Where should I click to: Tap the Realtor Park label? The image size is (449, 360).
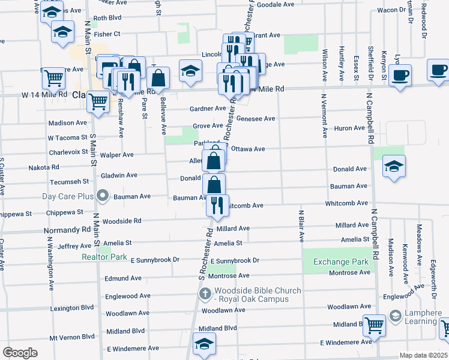104,257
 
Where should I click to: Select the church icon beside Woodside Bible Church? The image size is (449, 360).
204,295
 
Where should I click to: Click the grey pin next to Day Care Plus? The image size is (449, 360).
103,196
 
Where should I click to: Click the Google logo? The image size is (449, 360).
20,353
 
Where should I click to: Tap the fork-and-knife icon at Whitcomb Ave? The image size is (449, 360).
217,205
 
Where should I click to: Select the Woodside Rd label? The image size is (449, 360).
122,221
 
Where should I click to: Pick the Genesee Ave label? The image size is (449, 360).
256,118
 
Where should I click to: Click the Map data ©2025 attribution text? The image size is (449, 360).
423,355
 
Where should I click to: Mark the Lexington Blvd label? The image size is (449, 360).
73,307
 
